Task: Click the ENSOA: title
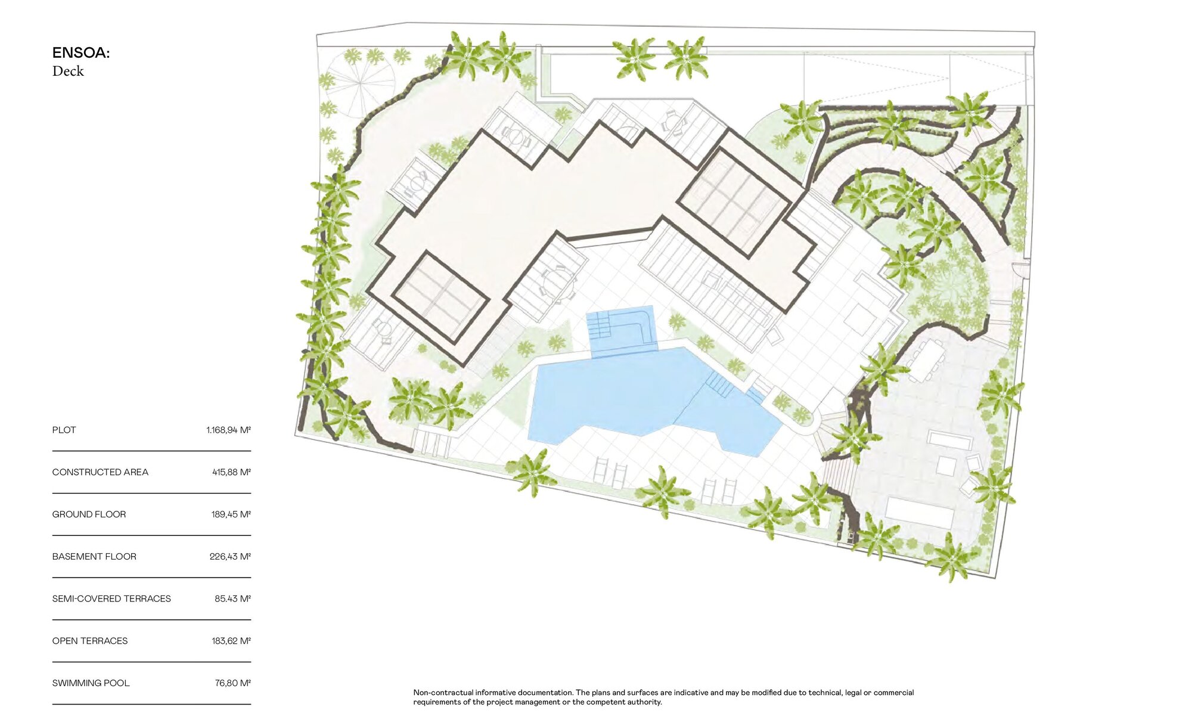81,53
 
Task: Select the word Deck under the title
68,71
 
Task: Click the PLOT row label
64,430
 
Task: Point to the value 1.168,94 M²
228,430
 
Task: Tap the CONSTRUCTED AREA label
100,472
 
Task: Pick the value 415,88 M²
231,472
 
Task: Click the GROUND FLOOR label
89,514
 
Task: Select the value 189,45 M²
231,514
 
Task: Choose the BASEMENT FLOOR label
94,557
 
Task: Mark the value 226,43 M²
230,557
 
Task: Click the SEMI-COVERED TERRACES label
111,599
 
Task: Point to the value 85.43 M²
232,599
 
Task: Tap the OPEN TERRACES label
90,641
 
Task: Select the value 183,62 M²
231,641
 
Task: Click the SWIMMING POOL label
91,684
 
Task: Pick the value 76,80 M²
233,684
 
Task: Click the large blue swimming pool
644,396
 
